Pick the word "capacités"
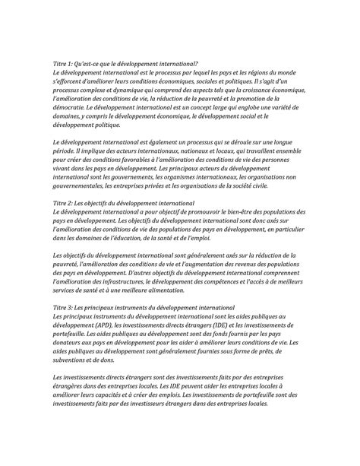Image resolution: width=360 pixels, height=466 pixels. [124, 395]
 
